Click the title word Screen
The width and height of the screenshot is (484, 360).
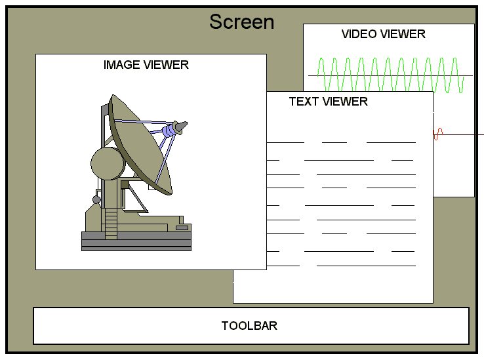point(241,22)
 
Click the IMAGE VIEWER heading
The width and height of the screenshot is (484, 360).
point(146,65)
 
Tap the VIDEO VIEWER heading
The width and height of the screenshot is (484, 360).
point(383,34)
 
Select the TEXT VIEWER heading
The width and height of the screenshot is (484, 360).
point(328,102)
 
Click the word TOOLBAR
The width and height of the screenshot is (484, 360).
point(249,326)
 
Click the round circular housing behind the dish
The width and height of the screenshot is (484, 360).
point(105,163)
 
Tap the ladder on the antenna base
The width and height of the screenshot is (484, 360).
point(111,222)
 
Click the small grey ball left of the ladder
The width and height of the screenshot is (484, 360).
point(96,199)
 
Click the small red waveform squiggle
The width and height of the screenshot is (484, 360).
point(438,134)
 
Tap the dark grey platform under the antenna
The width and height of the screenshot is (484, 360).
point(136,242)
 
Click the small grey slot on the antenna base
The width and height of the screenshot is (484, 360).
point(182,228)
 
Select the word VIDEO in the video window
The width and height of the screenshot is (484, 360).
point(358,34)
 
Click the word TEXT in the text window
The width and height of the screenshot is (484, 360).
point(302,102)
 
